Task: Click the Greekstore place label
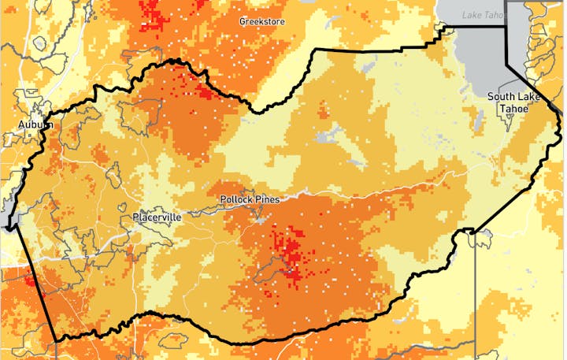click(x=262, y=21)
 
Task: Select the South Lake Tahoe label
click(x=511, y=102)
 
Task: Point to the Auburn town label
click(x=35, y=124)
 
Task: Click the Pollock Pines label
click(x=250, y=199)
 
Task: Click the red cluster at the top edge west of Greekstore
click(x=157, y=16)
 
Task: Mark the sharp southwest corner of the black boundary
click(x=56, y=341)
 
